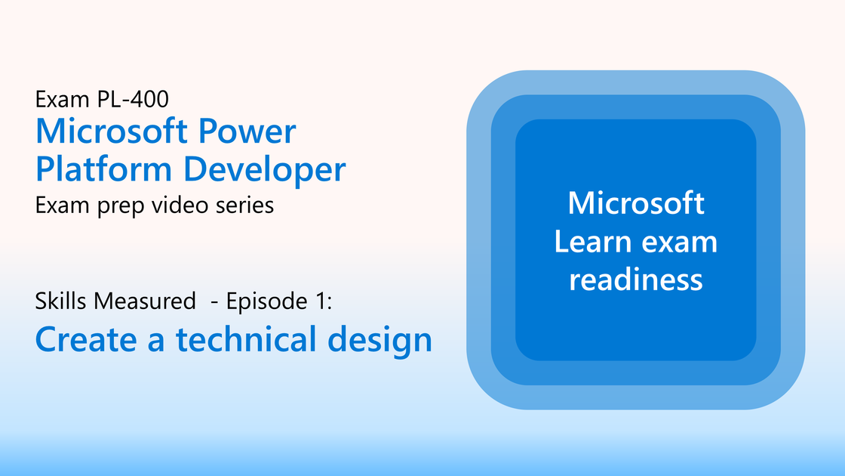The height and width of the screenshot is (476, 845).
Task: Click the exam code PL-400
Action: pos(133,99)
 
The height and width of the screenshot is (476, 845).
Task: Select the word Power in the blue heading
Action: pos(247,131)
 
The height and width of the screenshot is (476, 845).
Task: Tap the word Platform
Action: pos(103,169)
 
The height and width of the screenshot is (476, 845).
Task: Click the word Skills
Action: pos(61,301)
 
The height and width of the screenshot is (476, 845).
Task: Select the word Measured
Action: pos(144,301)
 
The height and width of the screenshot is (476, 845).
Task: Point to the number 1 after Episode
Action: pos(321,301)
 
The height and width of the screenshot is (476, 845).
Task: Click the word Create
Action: pos(86,339)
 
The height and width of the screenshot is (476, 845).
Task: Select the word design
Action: pos(380,341)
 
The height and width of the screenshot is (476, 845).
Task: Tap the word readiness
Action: pos(636,280)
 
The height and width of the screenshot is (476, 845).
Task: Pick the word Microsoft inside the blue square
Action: pos(636,203)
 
